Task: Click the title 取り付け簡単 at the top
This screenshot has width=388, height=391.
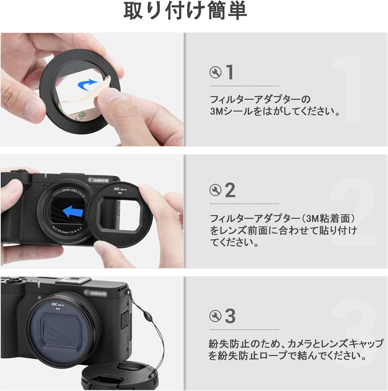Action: [x=185, y=11]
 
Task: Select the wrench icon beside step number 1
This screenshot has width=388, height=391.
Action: [x=215, y=72]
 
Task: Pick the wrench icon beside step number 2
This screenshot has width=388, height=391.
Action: [x=215, y=190]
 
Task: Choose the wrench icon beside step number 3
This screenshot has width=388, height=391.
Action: [x=215, y=316]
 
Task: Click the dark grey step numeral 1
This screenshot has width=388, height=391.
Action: [x=230, y=72]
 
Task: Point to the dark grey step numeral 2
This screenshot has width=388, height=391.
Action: [x=230, y=190]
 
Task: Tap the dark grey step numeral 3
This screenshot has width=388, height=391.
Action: [x=230, y=316]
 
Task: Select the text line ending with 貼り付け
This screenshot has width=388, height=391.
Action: [x=283, y=230]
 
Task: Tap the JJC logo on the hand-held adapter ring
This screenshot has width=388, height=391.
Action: [x=116, y=189]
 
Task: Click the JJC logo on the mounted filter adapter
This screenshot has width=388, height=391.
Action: [x=54, y=304]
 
